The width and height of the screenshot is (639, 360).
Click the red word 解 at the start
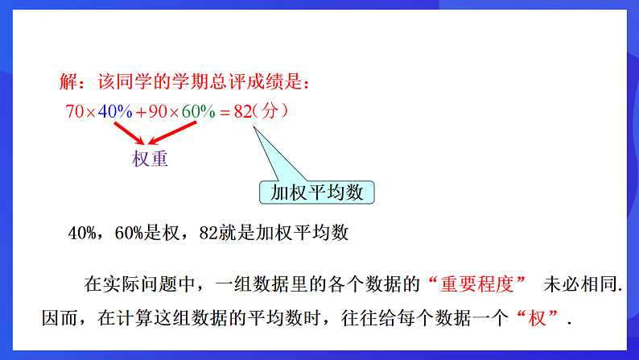[68, 83]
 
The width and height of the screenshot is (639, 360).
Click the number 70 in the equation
[74, 112]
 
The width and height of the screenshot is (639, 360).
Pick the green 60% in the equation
[197, 112]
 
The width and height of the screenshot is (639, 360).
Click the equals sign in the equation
[225, 113]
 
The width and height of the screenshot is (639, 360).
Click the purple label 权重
[150, 159]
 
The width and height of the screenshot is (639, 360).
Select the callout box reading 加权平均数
[317, 193]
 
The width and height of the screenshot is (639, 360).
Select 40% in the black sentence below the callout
[83, 234]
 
